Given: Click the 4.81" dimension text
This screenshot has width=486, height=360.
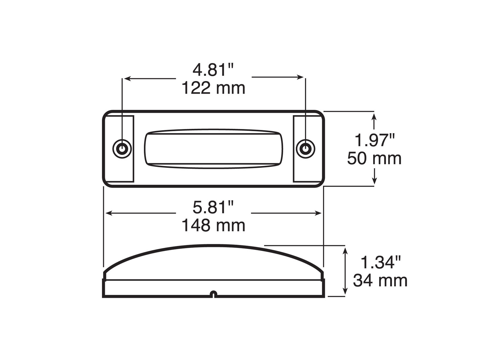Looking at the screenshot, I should tap(213, 70).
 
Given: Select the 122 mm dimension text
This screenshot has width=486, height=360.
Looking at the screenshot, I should tap(213, 88).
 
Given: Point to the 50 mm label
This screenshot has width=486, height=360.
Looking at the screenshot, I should tap(374, 158).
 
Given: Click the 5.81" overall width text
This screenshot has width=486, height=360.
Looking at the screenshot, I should tap(213, 207).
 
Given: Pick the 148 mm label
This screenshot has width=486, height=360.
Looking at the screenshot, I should tap(213, 226).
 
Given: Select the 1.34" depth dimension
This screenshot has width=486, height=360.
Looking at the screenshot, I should tap(380, 262).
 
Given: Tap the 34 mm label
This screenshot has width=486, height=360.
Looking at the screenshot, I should tap(380, 280).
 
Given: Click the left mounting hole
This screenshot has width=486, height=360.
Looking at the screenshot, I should tap(122, 149).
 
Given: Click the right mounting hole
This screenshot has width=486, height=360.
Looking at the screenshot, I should tap(306, 149).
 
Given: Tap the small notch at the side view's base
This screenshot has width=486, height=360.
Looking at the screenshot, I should tap(213, 294).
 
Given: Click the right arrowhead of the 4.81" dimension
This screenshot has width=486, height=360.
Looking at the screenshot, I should tap(301, 77).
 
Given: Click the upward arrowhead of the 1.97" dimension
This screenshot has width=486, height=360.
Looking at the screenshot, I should tap(374, 116).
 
